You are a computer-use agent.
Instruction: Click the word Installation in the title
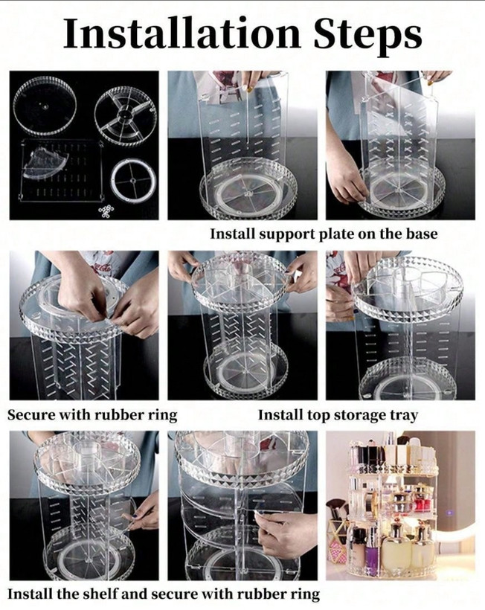tap(182, 33)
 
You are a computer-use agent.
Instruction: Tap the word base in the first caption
tap(422, 234)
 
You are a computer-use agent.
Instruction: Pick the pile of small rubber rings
tap(106, 210)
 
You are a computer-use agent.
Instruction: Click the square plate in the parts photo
tap(61, 170)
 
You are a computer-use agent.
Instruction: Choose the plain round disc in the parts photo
tap(45, 105)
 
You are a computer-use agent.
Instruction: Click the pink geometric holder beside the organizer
tap(338, 540)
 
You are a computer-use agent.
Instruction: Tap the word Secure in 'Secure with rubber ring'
tap(31, 414)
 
